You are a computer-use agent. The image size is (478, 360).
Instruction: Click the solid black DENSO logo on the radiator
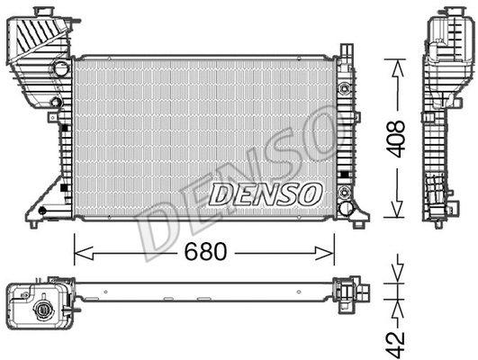click(x=265, y=193)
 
